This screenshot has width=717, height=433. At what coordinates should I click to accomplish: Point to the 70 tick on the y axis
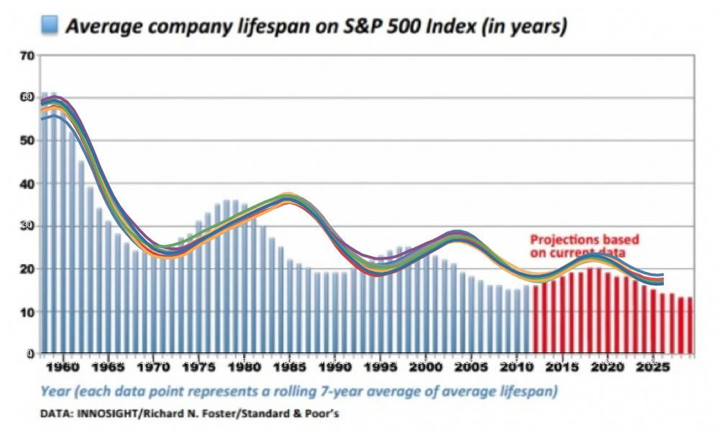27,55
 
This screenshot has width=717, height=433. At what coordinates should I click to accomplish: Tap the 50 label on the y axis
27,140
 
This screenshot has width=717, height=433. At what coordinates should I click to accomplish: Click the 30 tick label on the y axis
27,226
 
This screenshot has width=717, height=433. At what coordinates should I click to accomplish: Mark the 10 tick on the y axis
27,311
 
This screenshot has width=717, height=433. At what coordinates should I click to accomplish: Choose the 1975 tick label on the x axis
196,366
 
